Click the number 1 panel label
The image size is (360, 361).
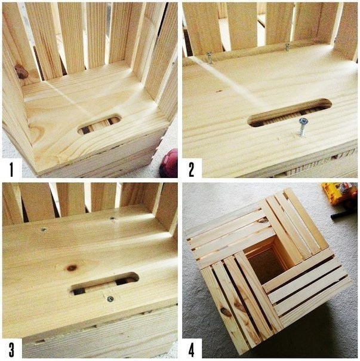click(x=11, y=170)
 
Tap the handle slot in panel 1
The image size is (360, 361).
click(x=100, y=124)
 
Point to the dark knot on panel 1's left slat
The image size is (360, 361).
click(x=21, y=72)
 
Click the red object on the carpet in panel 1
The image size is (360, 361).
click(x=170, y=163)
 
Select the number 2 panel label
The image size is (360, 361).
click(x=192, y=170)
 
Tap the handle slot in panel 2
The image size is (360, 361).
click(x=290, y=113)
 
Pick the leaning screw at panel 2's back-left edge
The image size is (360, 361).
click(x=210, y=58)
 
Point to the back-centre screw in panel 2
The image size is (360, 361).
click(x=287, y=47)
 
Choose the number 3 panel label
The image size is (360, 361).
click(x=11, y=350)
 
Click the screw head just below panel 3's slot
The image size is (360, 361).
click(x=110, y=299)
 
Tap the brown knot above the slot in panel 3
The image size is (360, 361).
click(x=72, y=268)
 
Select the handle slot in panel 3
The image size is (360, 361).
click(x=104, y=284)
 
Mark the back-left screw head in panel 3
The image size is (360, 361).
click(x=43, y=229)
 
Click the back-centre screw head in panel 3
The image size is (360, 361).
click(x=112, y=218)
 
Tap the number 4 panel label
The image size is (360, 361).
click(x=192, y=350)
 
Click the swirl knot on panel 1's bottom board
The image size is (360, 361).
click(x=36, y=130)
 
